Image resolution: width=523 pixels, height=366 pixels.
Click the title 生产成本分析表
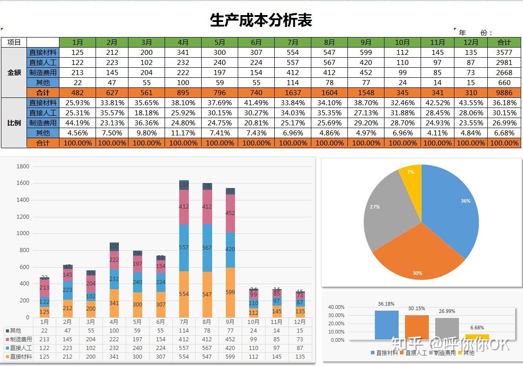pyautogui.click(x=261, y=21)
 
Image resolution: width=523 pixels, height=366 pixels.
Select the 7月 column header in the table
pyautogui.click(x=293, y=42)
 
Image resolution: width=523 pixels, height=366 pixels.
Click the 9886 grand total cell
pyautogui.click(x=504, y=92)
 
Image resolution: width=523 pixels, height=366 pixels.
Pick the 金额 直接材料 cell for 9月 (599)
pyautogui.click(x=366, y=52)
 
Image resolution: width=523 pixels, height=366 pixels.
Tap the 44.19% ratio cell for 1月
pyautogui.click(x=78, y=123)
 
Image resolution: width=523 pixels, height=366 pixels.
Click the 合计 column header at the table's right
pyautogui.click(x=504, y=42)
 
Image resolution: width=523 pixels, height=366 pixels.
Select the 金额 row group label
pyautogui.click(x=14, y=72)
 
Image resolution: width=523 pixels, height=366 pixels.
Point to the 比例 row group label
pyautogui.click(x=14, y=123)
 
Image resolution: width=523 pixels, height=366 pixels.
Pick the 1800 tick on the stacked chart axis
pyautogui.click(x=23, y=167)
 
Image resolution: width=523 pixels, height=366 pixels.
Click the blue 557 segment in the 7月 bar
pyautogui.click(x=184, y=248)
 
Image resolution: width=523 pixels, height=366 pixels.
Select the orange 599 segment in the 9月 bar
pyautogui.click(x=230, y=292)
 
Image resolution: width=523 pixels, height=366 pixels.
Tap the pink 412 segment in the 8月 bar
pyautogui.click(x=207, y=207)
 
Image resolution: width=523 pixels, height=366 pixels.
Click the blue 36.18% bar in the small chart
pyautogui.click(x=386, y=325)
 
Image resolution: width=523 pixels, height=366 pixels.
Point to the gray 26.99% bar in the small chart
pyautogui.click(x=447, y=328)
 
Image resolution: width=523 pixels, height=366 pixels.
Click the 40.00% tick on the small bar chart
pyautogui.click(x=336, y=307)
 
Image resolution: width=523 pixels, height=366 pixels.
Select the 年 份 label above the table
pyautogui.click(x=475, y=33)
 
